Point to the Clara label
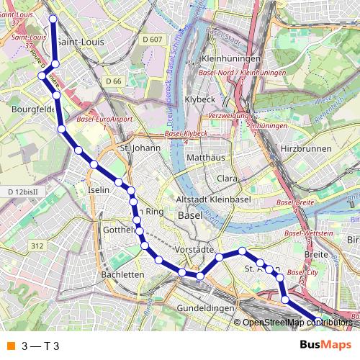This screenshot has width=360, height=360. (228, 177)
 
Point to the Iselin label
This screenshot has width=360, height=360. (98, 189)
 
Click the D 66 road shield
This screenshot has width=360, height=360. (113, 81)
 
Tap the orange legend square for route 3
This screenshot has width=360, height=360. (10, 346)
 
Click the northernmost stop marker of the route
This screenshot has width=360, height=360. (53, 18)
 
